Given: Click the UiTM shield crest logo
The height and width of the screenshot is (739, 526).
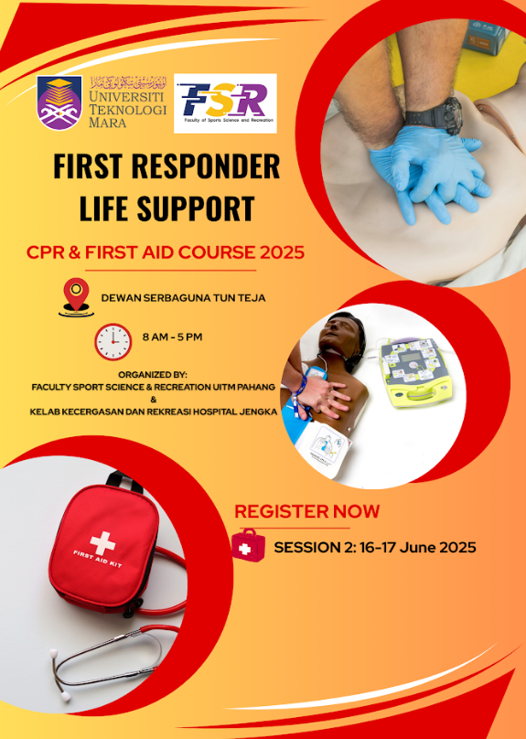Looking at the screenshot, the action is (x=59, y=102).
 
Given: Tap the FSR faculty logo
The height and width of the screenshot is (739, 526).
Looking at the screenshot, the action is (x=225, y=103).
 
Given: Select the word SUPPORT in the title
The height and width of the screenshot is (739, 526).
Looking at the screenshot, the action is (x=196, y=209).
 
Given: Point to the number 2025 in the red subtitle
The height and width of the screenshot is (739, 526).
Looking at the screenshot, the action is (x=282, y=252).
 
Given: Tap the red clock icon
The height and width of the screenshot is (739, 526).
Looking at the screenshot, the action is (x=113, y=342).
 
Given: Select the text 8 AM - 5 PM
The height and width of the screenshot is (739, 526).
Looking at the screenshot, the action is (x=173, y=337).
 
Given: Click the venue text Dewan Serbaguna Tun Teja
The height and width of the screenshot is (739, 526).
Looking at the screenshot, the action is (x=183, y=298).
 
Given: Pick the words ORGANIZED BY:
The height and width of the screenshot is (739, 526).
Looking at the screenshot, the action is (x=153, y=375).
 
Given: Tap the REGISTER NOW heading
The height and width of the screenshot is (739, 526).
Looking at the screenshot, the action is (x=306, y=511).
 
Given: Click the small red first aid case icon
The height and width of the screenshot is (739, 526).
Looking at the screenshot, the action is (x=248, y=545).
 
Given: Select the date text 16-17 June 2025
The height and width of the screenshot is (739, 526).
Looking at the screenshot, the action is (x=417, y=548).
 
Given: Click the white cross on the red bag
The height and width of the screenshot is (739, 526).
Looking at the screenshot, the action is (x=102, y=543).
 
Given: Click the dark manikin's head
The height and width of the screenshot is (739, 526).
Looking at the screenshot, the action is (x=342, y=336).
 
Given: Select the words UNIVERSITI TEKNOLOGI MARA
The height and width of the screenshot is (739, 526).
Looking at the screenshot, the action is (x=127, y=110).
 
